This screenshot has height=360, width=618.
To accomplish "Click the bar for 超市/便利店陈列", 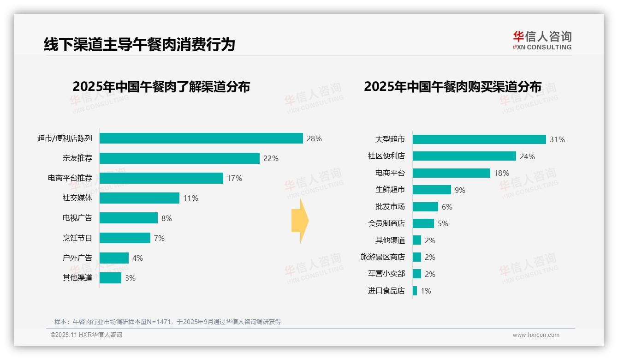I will (x=201, y=138).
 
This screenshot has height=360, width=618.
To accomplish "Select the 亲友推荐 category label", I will (x=77, y=158).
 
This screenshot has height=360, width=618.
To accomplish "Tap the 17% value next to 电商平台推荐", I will (x=234, y=178).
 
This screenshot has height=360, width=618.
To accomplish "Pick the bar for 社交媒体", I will (x=139, y=198).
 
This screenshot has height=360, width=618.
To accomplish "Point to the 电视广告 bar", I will (x=129, y=218).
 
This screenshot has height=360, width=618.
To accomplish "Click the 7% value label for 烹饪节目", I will (x=159, y=238).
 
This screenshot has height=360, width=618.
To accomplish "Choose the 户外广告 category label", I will (x=77, y=258).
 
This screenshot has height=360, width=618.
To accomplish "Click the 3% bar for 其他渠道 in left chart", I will (x=111, y=278).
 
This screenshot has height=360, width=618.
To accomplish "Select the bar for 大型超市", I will (x=479, y=139).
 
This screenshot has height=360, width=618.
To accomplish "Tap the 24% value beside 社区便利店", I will (x=527, y=156).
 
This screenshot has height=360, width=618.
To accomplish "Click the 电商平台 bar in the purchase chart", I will (x=452, y=173).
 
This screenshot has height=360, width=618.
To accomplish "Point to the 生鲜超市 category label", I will (x=390, y=190).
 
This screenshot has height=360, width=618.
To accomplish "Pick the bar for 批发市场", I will (x=425, y=207).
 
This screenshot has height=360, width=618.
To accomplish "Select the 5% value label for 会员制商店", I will (x=443, y=223).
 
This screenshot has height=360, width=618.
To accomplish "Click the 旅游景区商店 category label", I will (x=383, y=257).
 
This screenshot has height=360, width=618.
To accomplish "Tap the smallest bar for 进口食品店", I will (x=415, y=291).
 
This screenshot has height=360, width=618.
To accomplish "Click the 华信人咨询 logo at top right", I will (x=542, y=40).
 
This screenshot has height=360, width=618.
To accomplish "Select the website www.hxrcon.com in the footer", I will (x=536, y=335).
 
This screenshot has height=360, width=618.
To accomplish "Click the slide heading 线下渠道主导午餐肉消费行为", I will (x=139, y=44).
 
